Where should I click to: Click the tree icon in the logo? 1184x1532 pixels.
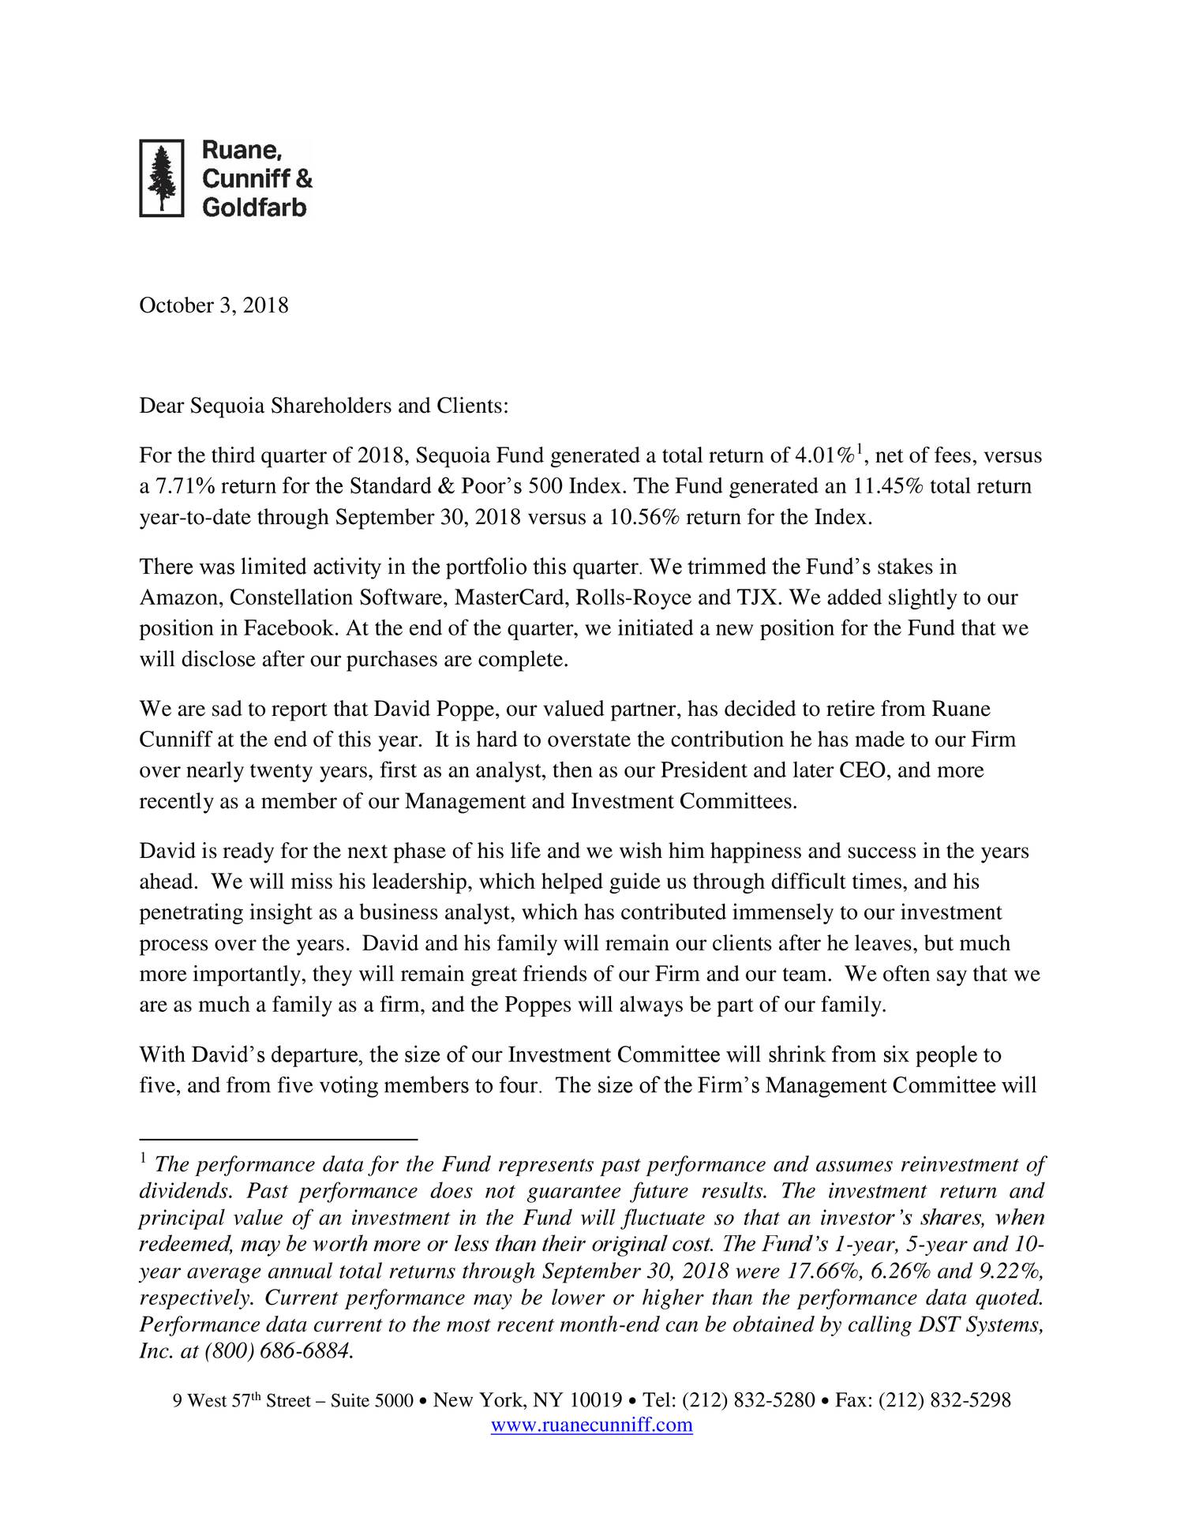[x=161, y=178]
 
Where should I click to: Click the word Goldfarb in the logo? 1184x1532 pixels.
[x=254, y=207]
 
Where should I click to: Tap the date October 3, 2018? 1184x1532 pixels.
[x=214, y=305]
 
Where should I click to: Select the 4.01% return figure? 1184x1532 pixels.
[x=824, y=456]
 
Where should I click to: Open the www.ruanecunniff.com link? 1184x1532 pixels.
[x=591, y=1425]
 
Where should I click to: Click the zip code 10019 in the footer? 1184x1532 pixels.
[x=595, y=1401]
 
